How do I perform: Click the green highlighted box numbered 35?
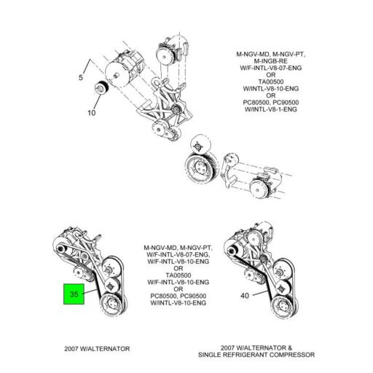[74, 294]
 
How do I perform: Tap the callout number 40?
[245, 296]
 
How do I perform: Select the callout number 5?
[81, 77]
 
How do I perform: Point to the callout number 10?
[92, 113]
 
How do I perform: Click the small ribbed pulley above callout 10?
[101, 88]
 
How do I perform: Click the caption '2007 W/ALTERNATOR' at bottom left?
[97, 349]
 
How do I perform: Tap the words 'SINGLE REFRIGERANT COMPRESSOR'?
[256, 355]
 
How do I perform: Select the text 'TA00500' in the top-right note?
[271, 82]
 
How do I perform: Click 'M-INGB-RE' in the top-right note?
[270, 61]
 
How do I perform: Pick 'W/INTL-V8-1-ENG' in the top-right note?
[271, 109]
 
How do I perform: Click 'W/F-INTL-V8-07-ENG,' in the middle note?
[178, 255]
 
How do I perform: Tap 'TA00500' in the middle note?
[178, 275]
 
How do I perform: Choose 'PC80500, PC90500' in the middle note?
[178, 296]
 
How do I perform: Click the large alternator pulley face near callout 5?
[118, 74]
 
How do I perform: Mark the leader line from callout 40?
[260, 294]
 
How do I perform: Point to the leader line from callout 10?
[97, 101]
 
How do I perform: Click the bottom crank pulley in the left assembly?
[111, 305]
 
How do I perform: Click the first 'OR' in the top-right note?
[271, 75]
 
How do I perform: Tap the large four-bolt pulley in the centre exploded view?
[201, 167]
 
